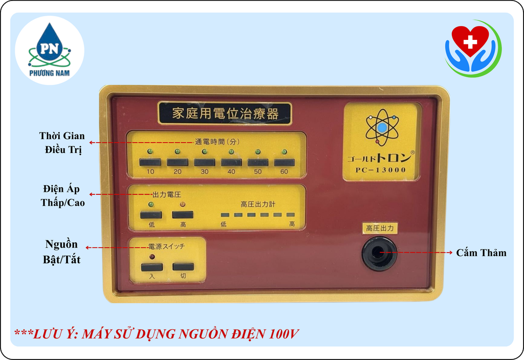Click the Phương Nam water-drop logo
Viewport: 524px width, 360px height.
pos(50,50)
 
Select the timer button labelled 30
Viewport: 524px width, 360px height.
pos(205,162)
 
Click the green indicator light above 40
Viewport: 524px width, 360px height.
pos(231,151)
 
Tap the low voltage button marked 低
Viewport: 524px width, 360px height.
pos(151,215)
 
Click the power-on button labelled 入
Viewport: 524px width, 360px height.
pos(151,267)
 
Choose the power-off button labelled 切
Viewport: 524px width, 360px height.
pos(183,266)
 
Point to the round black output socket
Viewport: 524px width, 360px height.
pos(379,253)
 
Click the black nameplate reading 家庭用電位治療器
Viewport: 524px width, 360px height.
pos(225,113)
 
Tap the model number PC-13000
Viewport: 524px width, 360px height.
pos(381,170)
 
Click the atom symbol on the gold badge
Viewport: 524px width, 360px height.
pos(382,127)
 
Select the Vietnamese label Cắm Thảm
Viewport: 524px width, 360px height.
pos(481,253)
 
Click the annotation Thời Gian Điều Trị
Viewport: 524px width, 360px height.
pos(62,143)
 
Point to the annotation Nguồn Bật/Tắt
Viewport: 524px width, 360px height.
pos(61,252)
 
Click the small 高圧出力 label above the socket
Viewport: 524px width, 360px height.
pos(380,229)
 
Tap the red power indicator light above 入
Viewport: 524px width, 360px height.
pos(152,257)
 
